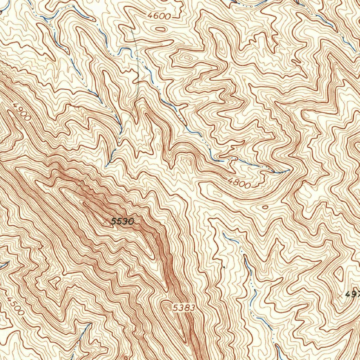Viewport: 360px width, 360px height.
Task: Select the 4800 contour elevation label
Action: [239, 183]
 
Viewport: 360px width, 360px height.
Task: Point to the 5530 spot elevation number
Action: [122, 221]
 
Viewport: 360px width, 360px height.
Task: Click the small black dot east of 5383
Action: [224, 267]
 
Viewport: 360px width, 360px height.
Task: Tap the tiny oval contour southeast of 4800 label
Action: [264, 207]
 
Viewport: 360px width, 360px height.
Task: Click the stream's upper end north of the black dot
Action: [224, 233]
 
